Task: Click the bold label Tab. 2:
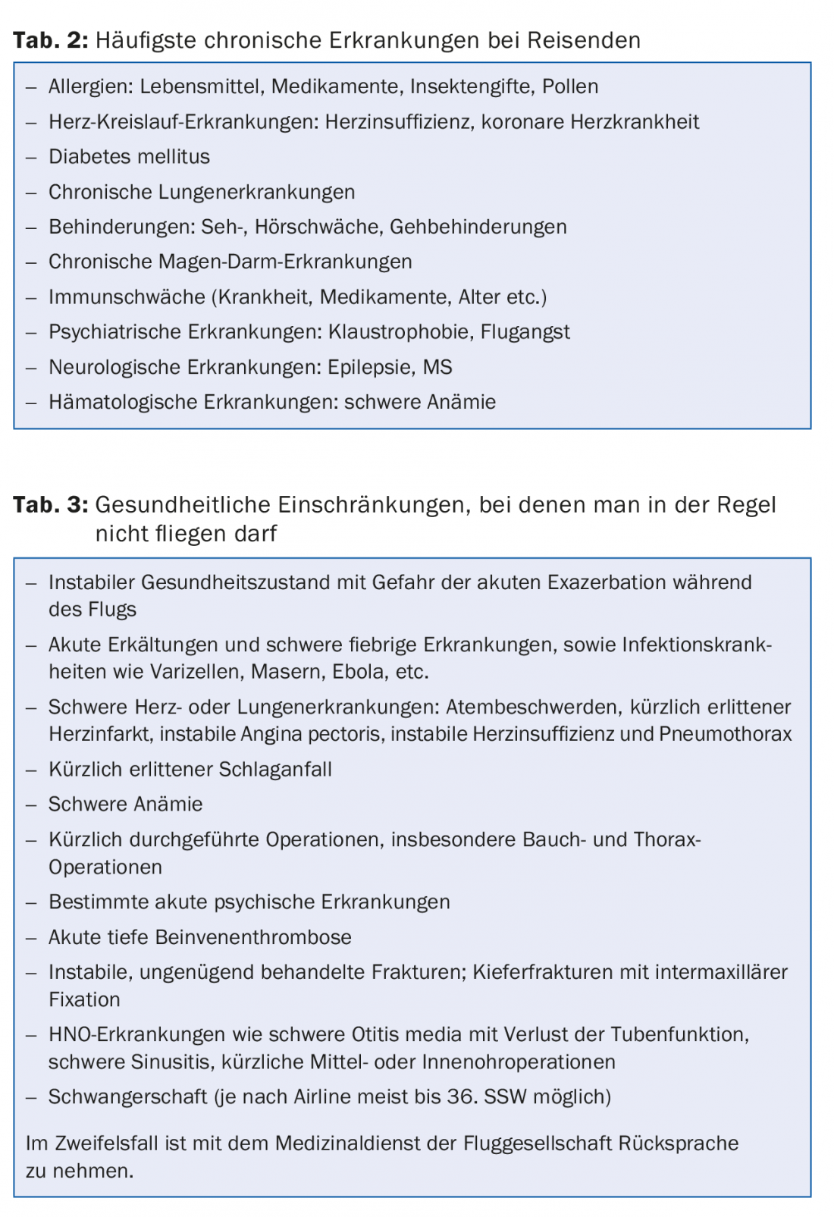pos(50,40)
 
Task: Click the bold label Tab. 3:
pos(50,504)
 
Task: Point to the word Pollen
pos(570,86)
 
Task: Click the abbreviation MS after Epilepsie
pos(437,367)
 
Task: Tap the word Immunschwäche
pos(127,296)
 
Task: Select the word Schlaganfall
pos(274,769)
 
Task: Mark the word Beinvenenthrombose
pos(252,937)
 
